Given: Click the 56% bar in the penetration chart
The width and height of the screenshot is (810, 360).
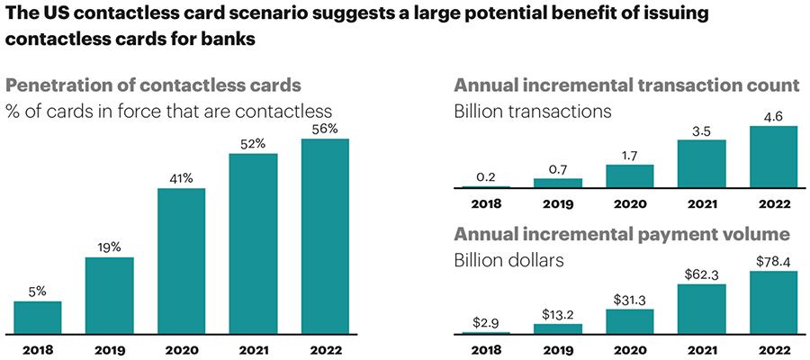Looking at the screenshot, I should [x=325, y=236].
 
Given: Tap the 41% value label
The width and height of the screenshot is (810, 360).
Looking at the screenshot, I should [x=181, y=177].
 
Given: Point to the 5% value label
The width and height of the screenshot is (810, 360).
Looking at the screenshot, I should [x=38, y=290].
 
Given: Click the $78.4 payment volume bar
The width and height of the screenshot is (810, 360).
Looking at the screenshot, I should [x=773, y=303].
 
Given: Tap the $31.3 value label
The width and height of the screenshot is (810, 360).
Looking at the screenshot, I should [x=629, y=299].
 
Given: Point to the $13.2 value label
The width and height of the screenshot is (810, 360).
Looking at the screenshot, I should [x=557, y=313].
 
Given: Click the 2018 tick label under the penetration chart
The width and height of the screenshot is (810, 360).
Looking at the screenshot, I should [x=38, y=346].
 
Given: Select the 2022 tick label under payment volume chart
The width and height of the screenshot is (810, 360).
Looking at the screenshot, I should [x=773, y=346].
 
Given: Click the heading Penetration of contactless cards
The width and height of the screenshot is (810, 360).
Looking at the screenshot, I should [x=154, y=87].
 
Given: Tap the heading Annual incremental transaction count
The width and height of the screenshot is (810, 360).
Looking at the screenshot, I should [x=627, y=86].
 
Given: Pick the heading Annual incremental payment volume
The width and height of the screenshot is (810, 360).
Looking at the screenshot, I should [x=622, y=236].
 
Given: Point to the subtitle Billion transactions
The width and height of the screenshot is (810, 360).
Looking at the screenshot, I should [x=533, y=112].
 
